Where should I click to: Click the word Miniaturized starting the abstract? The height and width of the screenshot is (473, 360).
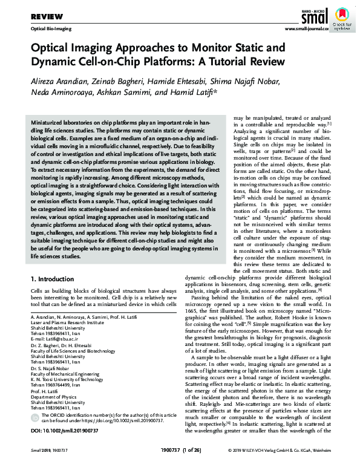click(53, 122)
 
